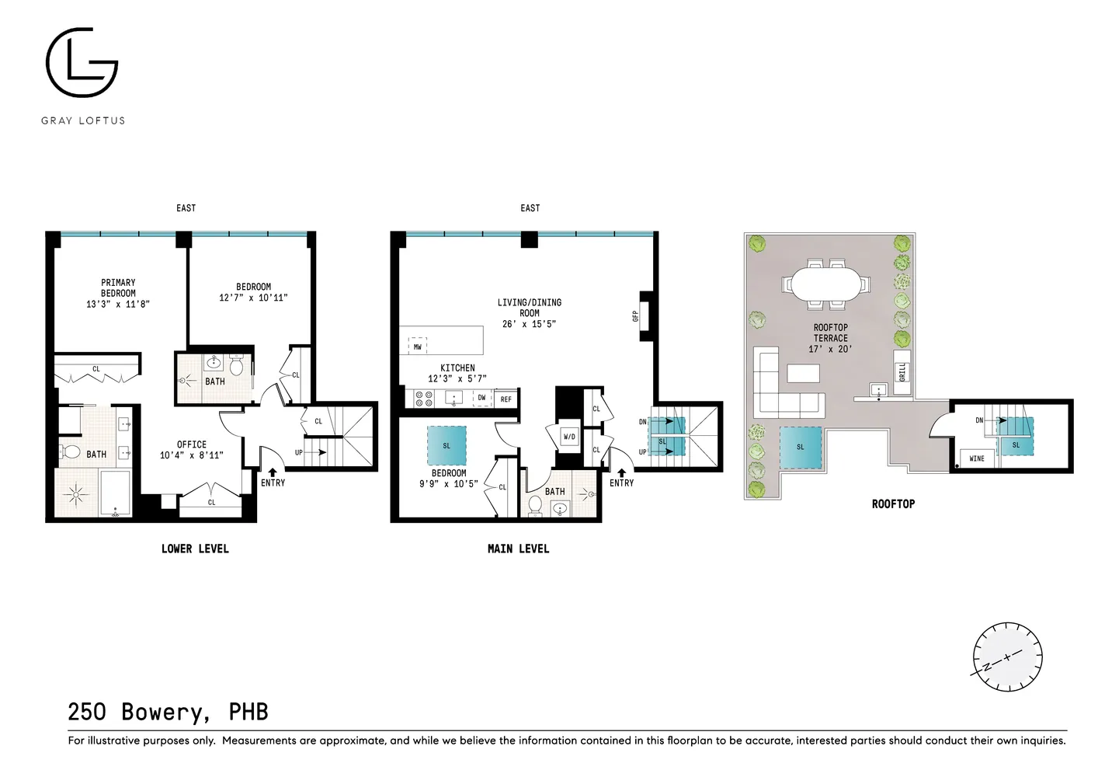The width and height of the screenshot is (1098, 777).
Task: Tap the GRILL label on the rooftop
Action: (902, 372)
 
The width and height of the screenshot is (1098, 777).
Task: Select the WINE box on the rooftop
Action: (977, 458)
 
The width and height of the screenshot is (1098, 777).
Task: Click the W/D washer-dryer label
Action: (569, 437)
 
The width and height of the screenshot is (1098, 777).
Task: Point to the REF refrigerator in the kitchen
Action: (506, 399)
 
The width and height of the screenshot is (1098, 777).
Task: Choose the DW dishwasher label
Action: (481, 398)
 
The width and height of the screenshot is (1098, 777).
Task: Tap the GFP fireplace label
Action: (636, 316)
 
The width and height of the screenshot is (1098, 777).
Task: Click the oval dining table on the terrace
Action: (826, 284)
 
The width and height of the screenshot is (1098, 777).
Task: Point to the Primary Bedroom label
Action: (118, 294)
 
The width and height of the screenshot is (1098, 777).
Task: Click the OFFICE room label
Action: (192, 444)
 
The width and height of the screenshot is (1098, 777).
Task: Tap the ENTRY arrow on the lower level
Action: (273, 472)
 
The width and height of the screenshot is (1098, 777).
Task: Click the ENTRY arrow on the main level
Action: (621, 473)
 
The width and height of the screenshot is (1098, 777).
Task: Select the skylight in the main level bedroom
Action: (446, 445)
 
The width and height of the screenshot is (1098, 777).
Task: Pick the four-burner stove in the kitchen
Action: (424, 399)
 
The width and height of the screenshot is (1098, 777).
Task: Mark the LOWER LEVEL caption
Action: (195, 549)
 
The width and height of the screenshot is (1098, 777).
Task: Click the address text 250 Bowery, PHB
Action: (169, 712)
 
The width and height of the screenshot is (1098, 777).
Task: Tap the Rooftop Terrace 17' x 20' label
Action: (830, 338)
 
